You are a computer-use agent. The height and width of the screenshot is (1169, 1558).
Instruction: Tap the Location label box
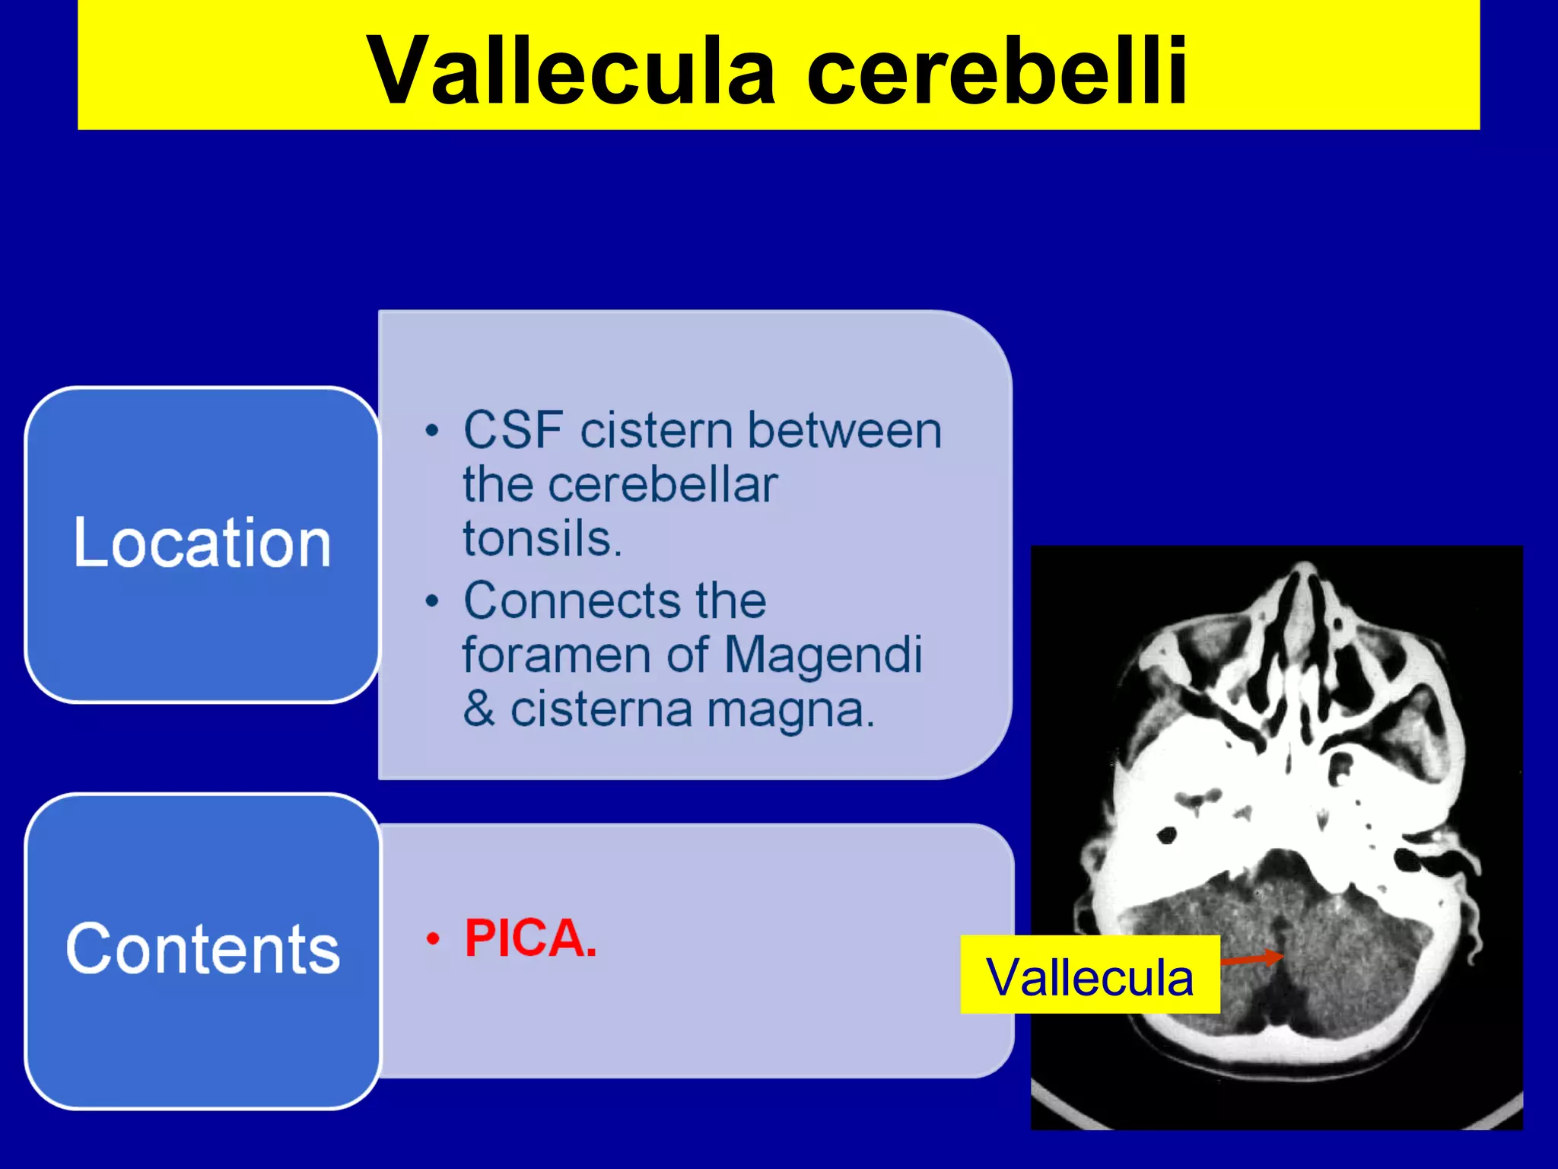point(202,544)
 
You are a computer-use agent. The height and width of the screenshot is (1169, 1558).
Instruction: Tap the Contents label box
point(202,950)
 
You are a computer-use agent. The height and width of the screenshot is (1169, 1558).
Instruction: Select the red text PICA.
point(530,938)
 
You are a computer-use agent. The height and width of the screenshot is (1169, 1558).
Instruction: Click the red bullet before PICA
point(433,938)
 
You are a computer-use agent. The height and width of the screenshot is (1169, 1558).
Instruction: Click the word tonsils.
point(542,539)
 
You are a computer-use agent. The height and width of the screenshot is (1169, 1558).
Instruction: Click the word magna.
point(791,709)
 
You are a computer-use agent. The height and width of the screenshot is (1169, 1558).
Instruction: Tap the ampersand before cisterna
point(479,709)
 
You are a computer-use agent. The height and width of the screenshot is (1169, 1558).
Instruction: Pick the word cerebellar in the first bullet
point(662,485)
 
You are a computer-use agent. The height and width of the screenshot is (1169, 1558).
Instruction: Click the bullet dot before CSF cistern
point(432,431)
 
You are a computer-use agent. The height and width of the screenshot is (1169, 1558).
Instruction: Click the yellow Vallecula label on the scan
point(1089,976)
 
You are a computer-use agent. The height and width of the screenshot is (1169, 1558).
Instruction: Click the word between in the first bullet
point(844,431)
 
